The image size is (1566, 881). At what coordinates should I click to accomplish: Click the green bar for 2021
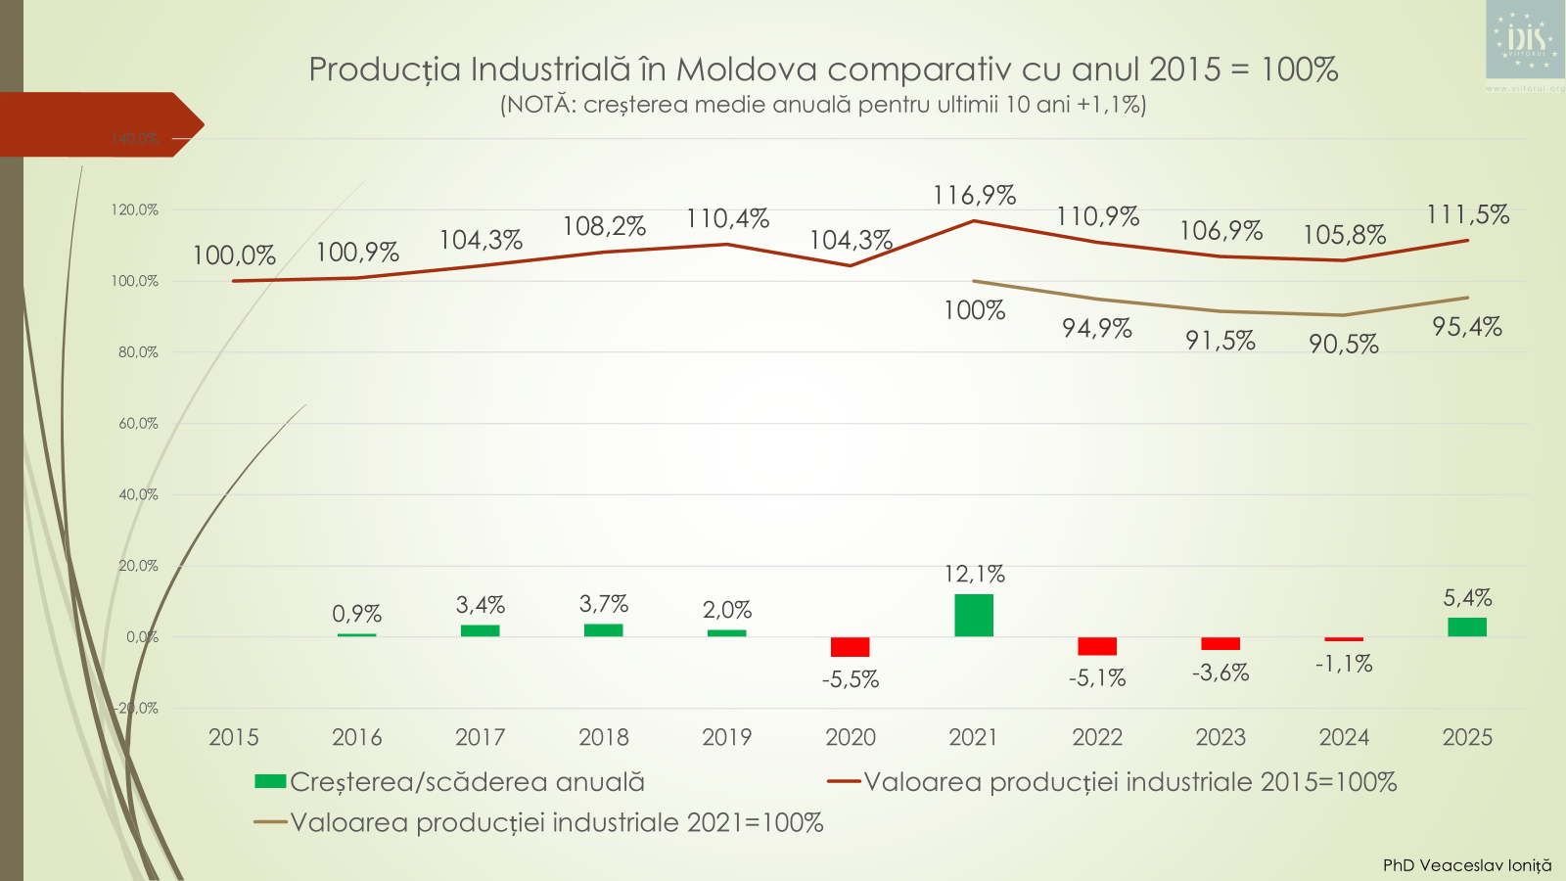973,616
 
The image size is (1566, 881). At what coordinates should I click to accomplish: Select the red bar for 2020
850,647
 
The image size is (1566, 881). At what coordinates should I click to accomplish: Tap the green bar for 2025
1466,627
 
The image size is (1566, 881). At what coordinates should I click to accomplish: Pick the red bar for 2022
1096,646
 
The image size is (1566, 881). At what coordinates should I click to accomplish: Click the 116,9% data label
974,196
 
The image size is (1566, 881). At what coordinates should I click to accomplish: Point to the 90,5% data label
1343,345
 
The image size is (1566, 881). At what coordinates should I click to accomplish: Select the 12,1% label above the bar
974,575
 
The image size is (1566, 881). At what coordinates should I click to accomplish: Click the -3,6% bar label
1221,673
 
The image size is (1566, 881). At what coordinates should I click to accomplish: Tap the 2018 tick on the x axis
603,738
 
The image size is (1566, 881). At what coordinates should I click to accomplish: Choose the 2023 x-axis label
1221,738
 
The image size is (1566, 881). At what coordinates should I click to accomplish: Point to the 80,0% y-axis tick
138,352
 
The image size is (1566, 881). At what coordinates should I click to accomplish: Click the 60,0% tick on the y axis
138,424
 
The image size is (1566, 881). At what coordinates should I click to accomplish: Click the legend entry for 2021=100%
556,823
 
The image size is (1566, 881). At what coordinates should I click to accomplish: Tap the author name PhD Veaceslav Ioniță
1466,865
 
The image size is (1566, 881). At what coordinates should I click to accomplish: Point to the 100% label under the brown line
974,311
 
